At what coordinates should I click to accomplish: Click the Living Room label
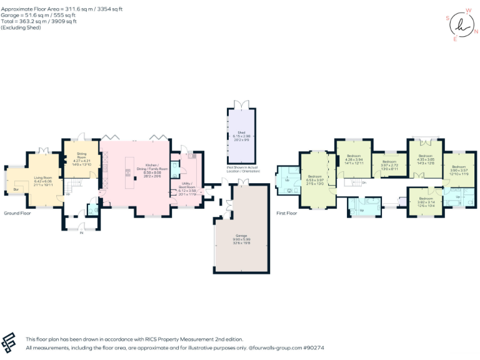click(43, 181)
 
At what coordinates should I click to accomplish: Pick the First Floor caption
click(287, 213)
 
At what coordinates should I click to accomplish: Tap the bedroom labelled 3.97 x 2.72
click(389, 166)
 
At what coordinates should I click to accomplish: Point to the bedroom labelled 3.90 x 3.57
click(459, 170)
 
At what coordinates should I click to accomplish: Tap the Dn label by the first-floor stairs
click(364, 182)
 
